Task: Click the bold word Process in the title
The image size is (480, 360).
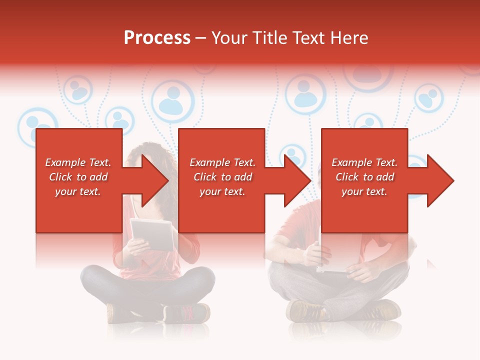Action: pos(157,38)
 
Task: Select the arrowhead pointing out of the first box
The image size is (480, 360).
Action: pos(153,180)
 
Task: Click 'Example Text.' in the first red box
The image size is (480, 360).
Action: pos(78,162)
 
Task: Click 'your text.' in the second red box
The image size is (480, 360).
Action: pos(222,191)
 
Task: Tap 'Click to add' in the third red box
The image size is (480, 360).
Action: pos(364,177)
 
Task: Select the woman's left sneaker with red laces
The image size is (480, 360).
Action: pos(187,314)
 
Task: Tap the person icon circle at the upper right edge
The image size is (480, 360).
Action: pos(428,97)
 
